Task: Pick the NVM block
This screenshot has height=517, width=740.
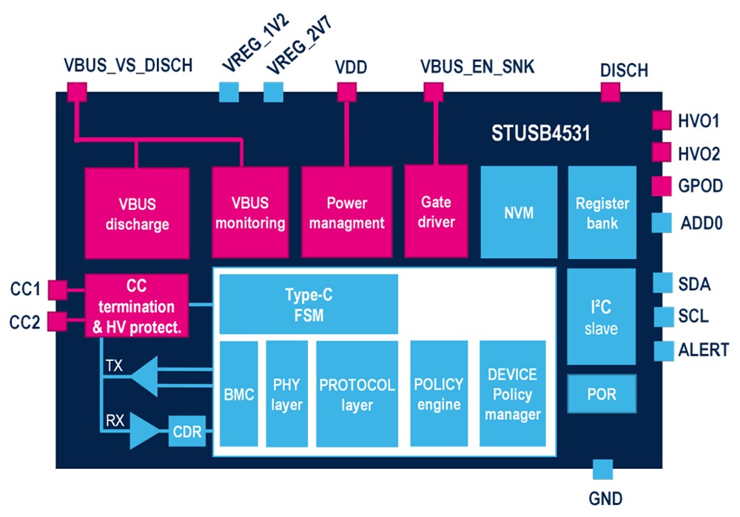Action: [518, 213]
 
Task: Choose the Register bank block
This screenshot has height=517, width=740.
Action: [602, 213]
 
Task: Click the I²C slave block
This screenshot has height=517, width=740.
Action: [601, 317]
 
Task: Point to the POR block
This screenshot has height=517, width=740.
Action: [601, 394]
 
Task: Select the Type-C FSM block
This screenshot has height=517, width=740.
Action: [309, 304]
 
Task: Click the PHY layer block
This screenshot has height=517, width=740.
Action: [286, 394]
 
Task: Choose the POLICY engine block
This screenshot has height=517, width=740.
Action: [438, 394]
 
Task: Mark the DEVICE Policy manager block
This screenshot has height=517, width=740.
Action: [512, 394]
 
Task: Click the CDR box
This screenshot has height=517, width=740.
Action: [186, 432]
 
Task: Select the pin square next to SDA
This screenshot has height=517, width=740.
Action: [663, 283]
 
